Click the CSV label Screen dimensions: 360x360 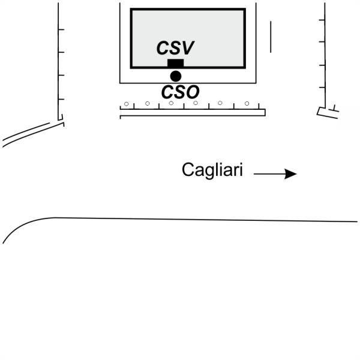[x=176, y=48]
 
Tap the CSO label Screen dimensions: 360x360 [x=180, y=91]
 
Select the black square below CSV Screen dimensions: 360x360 [x=175, y=64]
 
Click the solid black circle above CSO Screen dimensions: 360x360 [x=175, y=76]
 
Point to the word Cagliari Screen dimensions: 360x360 [x=212, y=170]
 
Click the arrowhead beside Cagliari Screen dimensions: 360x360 [x=291, y=174]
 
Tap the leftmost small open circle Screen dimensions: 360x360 [x=126, y=104]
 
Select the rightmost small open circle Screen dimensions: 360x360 [x=247, y=104]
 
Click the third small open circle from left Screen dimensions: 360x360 [x=172, y=103]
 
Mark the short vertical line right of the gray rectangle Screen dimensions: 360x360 [x=271, y=37]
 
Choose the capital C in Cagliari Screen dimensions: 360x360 [x=188, y=170]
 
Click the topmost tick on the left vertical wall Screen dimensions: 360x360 [x=61, y=29]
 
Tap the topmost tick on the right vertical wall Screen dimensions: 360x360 [x=322, y=20]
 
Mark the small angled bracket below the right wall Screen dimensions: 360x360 [x=328, y=112]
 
